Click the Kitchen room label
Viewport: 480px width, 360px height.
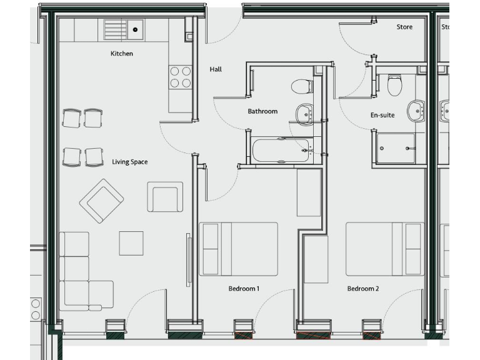coord(122,54)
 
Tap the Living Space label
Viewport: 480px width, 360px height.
coord(130,162)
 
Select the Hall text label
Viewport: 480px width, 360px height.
coord(216,69)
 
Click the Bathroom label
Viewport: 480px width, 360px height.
coord(262,111)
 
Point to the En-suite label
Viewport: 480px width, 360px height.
coord(382,116)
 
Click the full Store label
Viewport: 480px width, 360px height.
coord(404,27)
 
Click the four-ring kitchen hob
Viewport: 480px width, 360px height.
coord(180,77)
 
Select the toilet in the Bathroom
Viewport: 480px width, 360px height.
coord(301,86)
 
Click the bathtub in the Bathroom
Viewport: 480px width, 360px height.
coord(281,150)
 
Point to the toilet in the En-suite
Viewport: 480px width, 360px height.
coord(394,84)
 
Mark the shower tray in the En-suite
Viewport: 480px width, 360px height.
coord(396,149)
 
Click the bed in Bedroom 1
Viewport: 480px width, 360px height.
coord(238,249)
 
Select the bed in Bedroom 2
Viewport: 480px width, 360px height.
coord(385,249)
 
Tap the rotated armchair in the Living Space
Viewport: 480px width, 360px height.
coord(101,201)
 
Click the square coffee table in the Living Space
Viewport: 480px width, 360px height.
coord(131,243)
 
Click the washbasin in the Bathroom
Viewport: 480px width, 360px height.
coord(305,113)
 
